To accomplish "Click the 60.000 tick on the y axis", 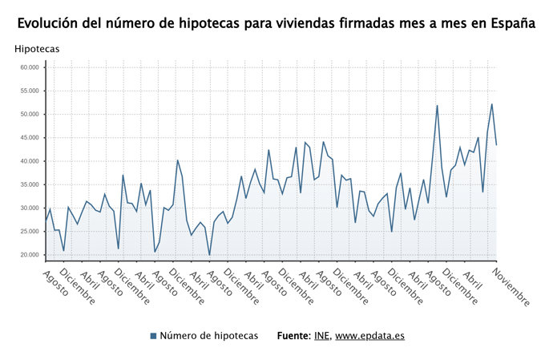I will (x=30, y=67).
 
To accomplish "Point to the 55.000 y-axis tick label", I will (x=30, y=91).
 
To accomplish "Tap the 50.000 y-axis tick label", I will (x=30, y=115).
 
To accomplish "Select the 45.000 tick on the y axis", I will (x=30, y=138).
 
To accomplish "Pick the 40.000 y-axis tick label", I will (x=30, y=161).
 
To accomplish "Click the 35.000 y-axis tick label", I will (x=30, y=184).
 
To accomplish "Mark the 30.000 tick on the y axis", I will (x=30, y=208).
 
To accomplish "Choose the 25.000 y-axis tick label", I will (x=30, y=232).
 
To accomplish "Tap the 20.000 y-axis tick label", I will (x=30, y=255).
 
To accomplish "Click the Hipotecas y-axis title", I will (x=37, y=50).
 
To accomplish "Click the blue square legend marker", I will (x=153, y=336).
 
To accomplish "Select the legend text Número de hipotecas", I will (x=208, y=336).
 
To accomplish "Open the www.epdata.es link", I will (x=369, y=336).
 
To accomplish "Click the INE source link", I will (x=321, y=336).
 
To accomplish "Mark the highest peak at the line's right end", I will (x=491, y=104).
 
